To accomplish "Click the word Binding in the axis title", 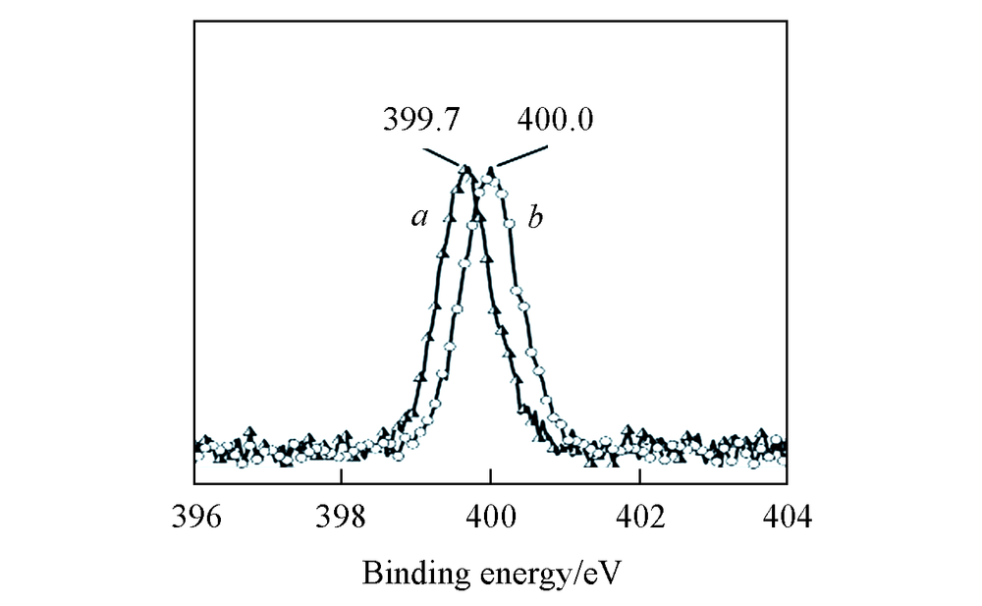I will pos(404,572).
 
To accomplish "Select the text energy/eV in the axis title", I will pos(535,573).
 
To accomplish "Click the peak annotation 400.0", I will pos(556,121).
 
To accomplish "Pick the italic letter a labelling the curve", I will pos(419,218).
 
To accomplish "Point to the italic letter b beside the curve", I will pos(535,218).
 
